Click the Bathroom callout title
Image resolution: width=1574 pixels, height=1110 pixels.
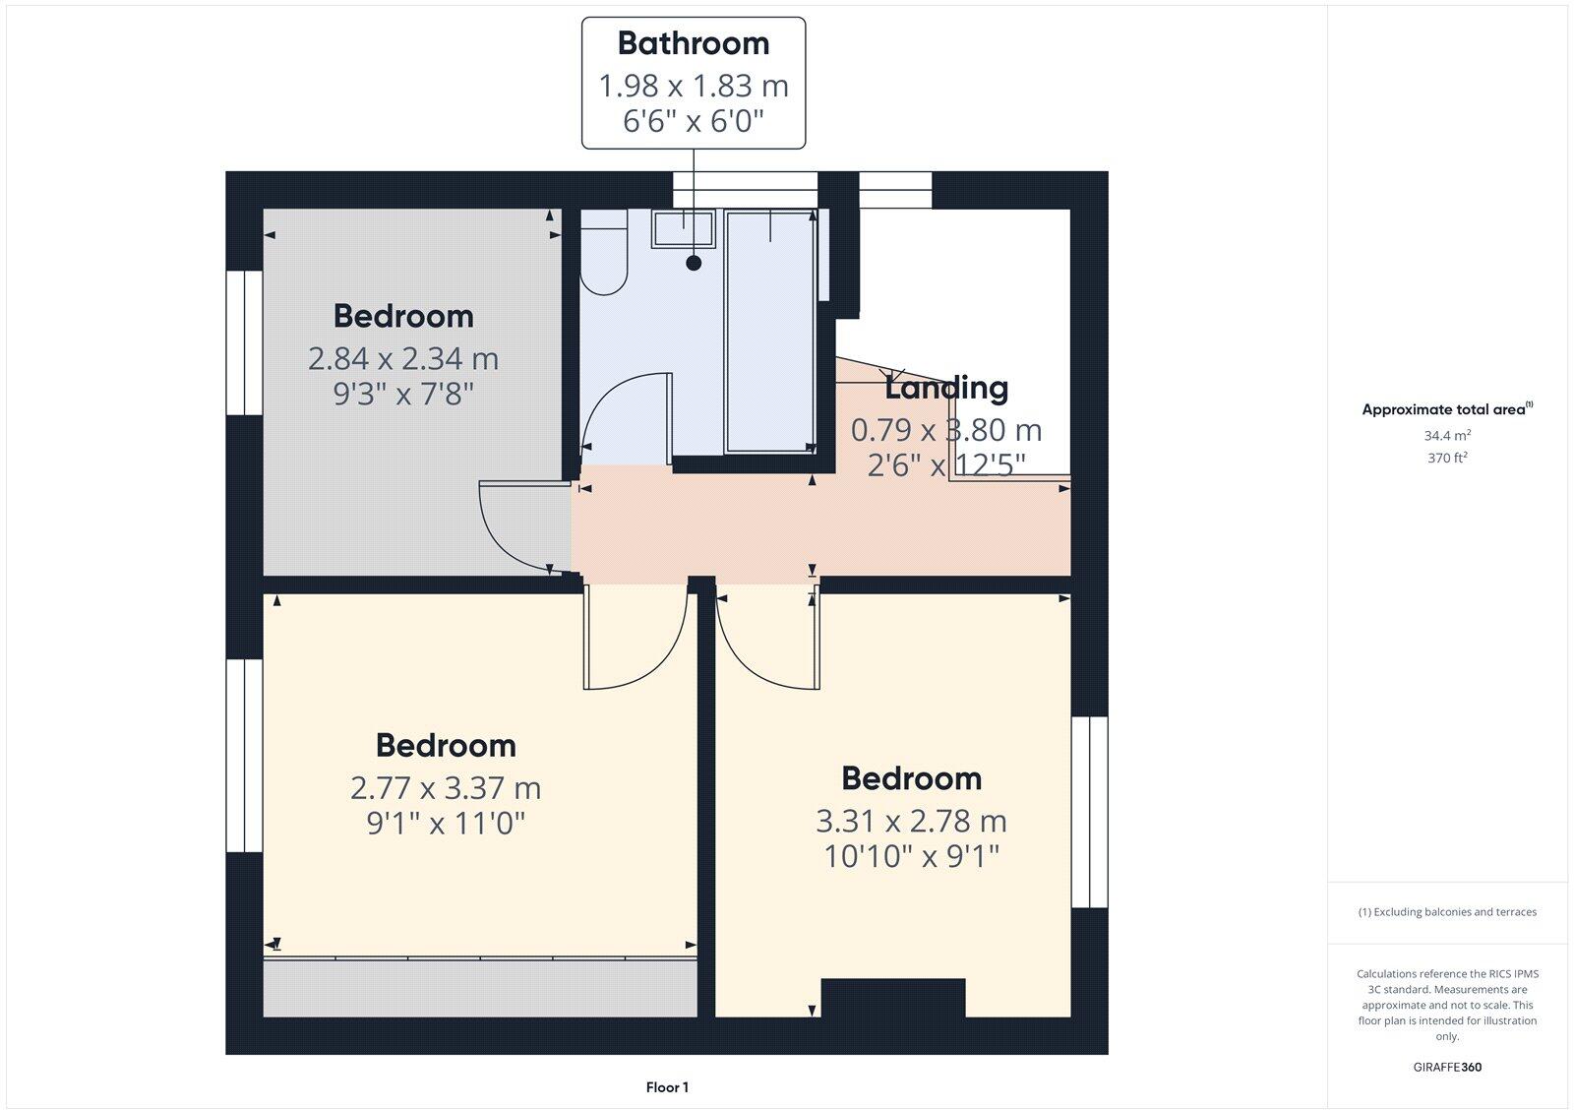click(x=694, y=43)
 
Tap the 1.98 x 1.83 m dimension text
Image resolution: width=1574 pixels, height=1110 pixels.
click(x=694, y=87)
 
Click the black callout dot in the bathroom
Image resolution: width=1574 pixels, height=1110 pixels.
click(x=695, y=263)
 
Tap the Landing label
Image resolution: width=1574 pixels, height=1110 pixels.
click(x=946, y=388)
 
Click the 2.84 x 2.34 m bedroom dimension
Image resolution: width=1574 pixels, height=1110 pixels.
click(x=403, y=359)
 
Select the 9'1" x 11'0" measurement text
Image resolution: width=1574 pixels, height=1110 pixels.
click(x=446, y=823)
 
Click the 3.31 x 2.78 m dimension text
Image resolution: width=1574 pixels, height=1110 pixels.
click(x=911, y=821)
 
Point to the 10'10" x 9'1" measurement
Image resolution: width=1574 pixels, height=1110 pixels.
click(x=911, y=857)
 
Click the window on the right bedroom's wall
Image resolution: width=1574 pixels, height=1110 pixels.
click(x=1089, y=812)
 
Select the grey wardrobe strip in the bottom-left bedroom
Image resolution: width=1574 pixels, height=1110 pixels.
click(x=479, y=988)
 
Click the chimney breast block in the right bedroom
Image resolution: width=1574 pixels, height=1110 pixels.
click(x=893, y=998)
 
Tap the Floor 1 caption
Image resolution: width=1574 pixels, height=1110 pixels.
click(x=667, y=1087)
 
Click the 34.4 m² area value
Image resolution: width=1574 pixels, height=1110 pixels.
click(x=1447, y=435)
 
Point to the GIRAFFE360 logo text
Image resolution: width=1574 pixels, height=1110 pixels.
click(x=1447, y=1067)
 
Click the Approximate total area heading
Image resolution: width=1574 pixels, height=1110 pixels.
click(x=1444, y=409)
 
